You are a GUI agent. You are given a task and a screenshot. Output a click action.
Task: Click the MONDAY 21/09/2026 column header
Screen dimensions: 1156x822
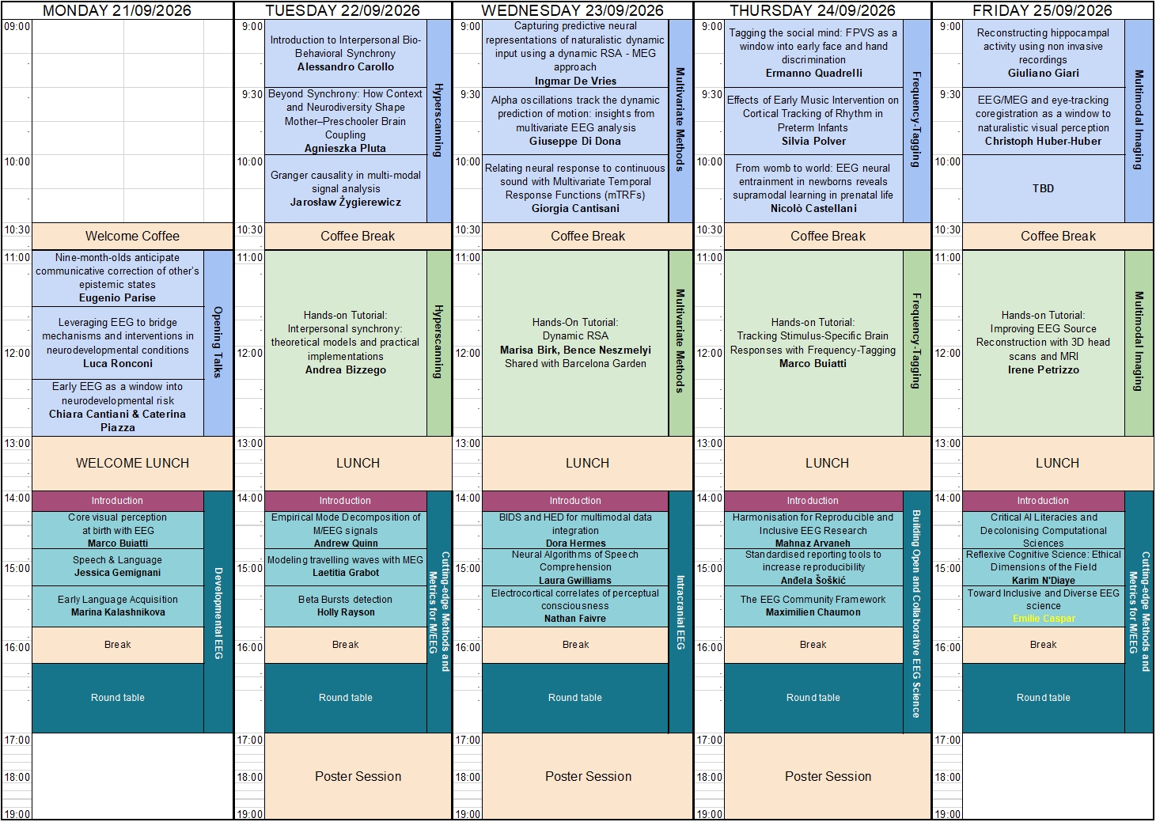pos(117,10)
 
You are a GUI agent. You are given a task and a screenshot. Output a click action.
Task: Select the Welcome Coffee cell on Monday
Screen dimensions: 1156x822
pos(133,237)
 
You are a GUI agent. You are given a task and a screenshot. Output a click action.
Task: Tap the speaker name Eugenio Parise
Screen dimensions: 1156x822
pos(117,297)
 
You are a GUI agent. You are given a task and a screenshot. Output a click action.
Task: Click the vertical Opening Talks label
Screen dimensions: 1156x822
pos(218,342)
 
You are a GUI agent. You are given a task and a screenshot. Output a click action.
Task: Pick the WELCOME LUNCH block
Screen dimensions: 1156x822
pos(133,464)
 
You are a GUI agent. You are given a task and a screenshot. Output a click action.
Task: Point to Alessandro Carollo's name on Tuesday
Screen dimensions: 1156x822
pos(346,66)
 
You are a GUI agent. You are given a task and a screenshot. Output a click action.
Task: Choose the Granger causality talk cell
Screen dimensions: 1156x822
pos(346,189)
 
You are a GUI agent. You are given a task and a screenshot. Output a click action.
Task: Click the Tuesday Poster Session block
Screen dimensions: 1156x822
pos(358,776)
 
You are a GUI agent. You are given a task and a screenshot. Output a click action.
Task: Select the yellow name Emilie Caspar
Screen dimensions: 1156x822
pos(1044,618)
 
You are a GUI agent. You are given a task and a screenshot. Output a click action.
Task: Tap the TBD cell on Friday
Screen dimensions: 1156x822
pos(1043,189)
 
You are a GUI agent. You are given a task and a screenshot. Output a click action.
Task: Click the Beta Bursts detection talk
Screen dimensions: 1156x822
pos(346,606)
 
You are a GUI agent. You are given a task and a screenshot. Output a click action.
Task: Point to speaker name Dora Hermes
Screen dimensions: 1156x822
pos(575,543)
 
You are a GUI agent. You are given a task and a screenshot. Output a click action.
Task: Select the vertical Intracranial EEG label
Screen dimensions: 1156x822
pos(680,612)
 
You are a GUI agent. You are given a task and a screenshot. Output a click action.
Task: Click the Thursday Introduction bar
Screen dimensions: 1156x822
pos(813,501)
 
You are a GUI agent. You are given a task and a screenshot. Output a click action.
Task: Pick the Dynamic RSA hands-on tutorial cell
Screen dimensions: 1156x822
pos(575,343)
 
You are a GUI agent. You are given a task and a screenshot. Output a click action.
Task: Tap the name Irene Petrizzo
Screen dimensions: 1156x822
pos(1043,369)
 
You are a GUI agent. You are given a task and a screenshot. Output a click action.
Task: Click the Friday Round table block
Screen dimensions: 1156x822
pos(1043,698)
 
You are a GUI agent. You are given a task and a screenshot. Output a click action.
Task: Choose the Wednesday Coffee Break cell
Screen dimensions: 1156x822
pos(588,237)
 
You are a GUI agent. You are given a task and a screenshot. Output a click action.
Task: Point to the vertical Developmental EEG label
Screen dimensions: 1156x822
pos(218,613)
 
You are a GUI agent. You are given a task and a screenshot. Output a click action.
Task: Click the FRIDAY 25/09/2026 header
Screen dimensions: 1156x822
pos(1043,10)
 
